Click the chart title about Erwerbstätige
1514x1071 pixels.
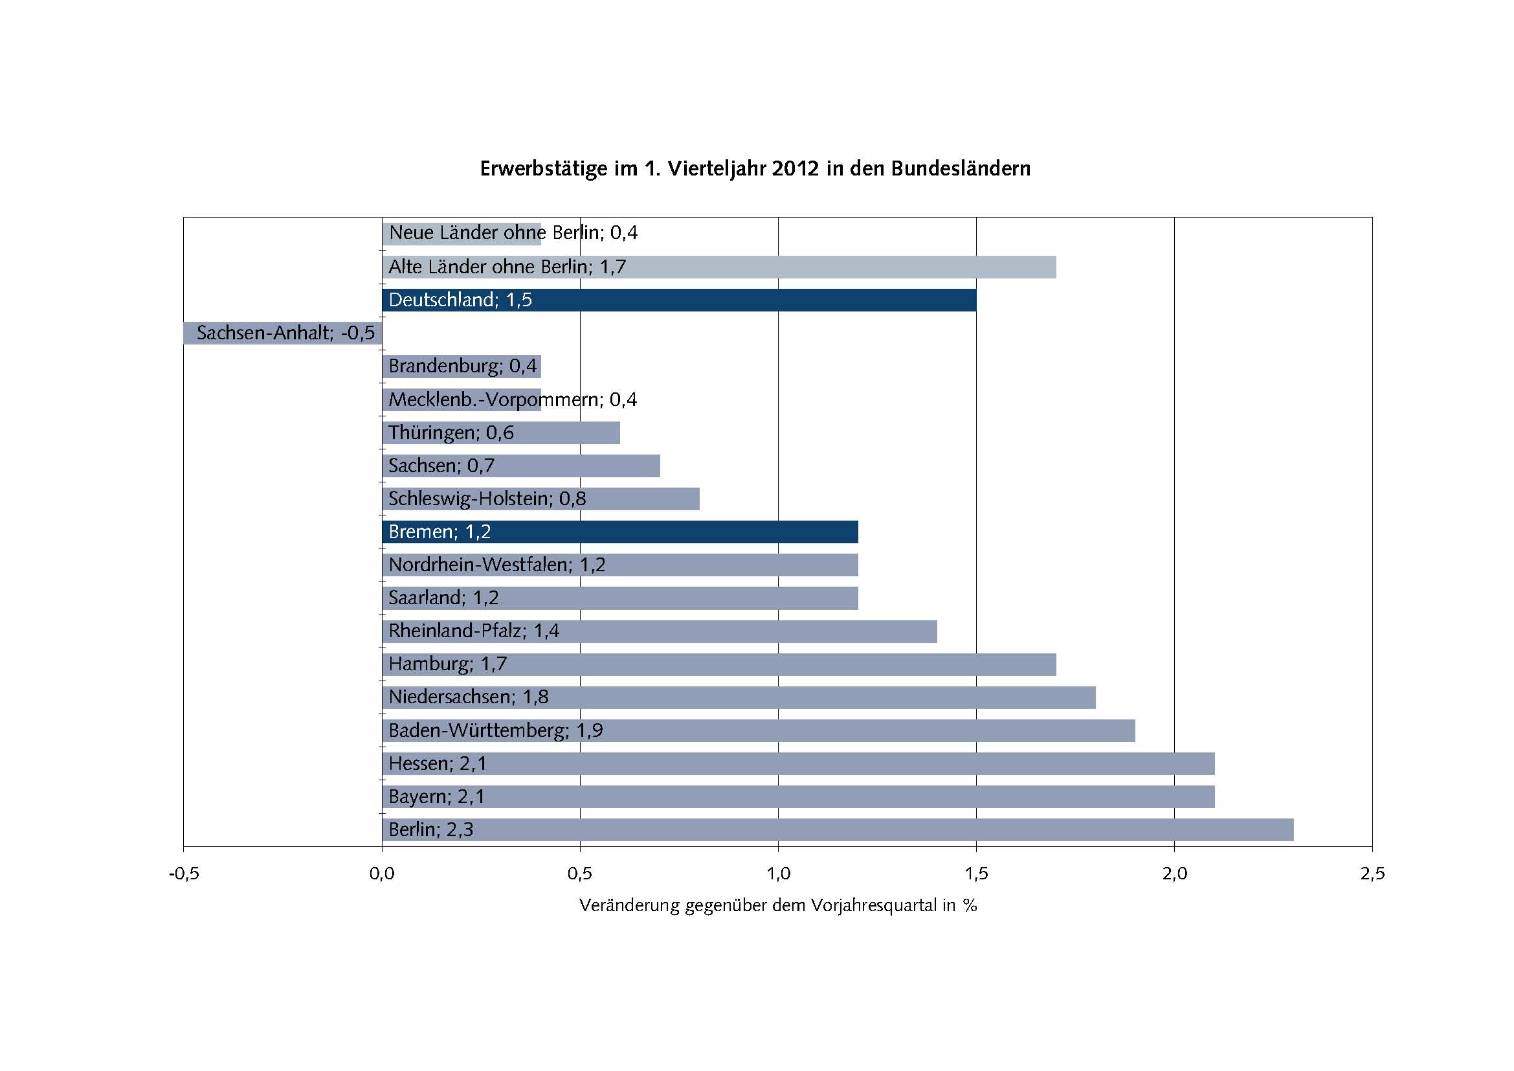[x=755, y=169]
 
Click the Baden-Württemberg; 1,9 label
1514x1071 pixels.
[x=495, y=730]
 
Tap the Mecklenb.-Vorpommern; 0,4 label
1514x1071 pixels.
[x=513, y=400]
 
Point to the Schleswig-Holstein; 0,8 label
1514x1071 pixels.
[x=487, y=499]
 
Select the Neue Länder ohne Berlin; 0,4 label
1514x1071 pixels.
[x=513, y=233]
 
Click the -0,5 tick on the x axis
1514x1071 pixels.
[x=184, y=874]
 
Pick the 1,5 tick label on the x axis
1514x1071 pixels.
[x=976, y=874]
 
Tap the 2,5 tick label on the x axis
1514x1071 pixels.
[x=1372, y=874]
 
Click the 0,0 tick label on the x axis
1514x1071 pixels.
[x=382, y=874]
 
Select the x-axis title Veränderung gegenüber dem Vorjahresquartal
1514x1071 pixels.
[x=778, y=905]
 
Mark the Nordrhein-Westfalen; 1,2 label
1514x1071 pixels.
[x=496, y=565]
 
